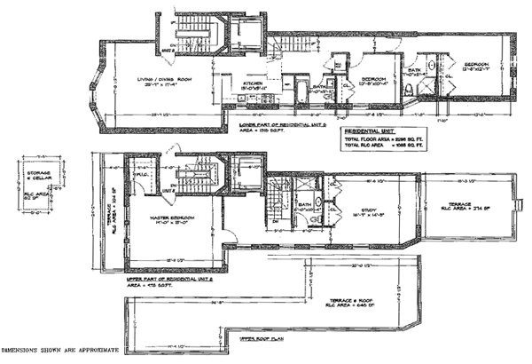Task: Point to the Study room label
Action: click(x=372, y=186)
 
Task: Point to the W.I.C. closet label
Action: click(x=139, y=174)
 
